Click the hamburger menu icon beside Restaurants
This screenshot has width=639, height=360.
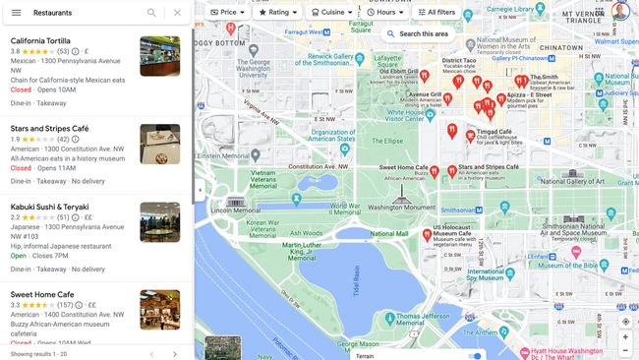16,13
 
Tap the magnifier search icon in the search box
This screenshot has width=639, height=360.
151,13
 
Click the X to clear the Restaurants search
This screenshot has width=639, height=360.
177,13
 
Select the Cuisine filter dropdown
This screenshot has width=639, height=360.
331,12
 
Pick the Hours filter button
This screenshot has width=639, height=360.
384,12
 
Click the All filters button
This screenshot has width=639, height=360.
436,12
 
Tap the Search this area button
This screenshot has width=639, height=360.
418,33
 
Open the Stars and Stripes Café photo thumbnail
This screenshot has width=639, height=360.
159,144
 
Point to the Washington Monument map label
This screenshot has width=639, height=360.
400,208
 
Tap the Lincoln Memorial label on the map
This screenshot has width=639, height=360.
229,210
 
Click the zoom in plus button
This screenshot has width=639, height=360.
625,336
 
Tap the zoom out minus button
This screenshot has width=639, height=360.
625,351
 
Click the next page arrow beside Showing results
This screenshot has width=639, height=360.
175,353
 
